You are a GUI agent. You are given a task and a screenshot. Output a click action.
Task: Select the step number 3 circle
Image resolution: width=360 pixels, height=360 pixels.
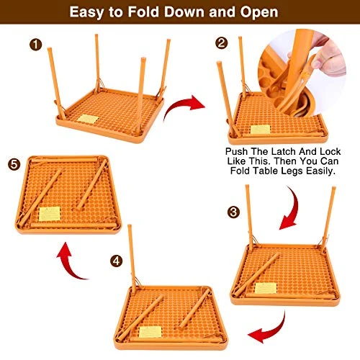[x=233, y=212]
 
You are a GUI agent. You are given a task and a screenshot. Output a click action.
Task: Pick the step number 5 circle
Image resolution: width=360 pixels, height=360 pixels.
[x=14, y=165]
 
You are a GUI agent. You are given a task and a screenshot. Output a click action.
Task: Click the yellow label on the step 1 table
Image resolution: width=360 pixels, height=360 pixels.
[x=88, y=119]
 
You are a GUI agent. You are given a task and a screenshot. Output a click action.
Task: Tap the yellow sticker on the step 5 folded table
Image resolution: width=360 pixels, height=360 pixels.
[x=51, y=213]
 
